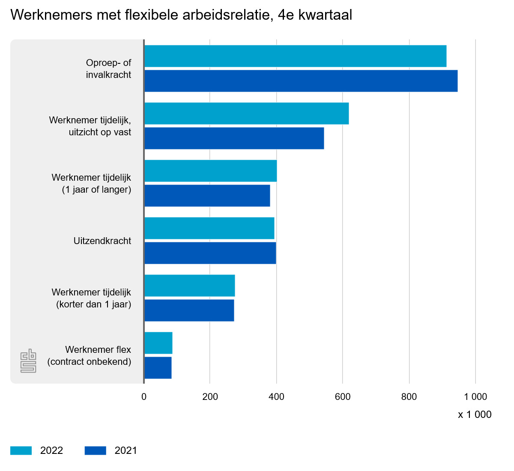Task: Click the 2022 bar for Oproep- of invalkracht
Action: (296, 56)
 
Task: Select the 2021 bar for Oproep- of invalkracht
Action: (301, 81)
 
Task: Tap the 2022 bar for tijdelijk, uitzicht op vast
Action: (247, 113)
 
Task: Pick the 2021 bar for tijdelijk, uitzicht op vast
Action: (234, 138)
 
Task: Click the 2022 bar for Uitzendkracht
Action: (209, 228)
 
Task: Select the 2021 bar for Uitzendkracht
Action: (210, 253)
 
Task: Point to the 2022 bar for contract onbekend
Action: (158, 343)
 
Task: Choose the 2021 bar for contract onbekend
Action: (158, 368)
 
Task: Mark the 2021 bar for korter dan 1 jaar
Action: (189, 310)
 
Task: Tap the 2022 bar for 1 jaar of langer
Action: (211, 171)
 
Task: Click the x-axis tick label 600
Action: (343, 397)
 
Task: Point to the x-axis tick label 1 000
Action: (475, 397)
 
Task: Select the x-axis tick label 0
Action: (144, 397)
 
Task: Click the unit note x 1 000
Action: (475, 414)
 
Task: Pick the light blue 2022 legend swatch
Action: (21, 450)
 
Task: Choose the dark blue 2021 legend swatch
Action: (95, 450)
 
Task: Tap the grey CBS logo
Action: (28, 361)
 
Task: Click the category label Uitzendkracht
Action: (102, 241)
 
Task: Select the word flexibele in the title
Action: (152, 15)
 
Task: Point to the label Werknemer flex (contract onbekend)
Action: (90, 356)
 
